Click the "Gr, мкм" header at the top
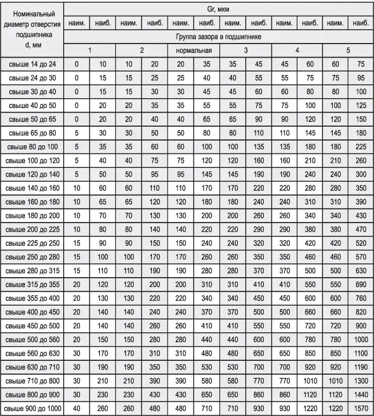(x=218, y=9)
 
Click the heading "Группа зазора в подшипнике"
(x=218, y=37)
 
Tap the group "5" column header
(x=348, y=51)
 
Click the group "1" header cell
(x=90, y=51)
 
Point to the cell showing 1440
(x=361, y=395)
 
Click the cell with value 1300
(x=361, y=382)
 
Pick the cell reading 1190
(x=361, y=368)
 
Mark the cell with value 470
(x=361, y=229)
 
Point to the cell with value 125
(x=361, y=106)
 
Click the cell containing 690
(x=361, y=285)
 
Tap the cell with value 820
(x=361, y=313)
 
